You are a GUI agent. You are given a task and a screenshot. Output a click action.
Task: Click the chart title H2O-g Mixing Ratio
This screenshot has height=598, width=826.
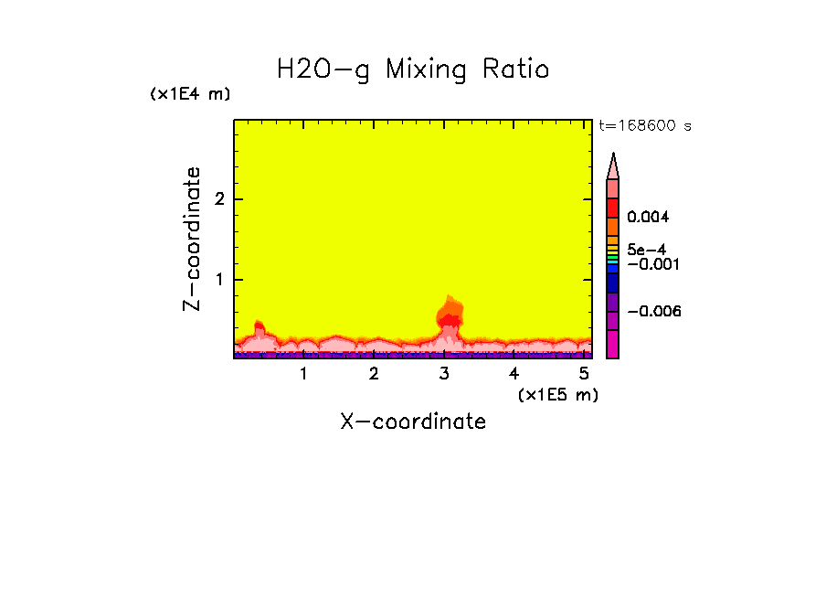pos(413,69)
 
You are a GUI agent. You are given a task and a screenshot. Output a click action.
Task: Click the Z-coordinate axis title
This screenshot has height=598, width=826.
pos(192,239)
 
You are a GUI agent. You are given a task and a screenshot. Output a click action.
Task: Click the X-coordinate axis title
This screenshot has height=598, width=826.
pos(413,422)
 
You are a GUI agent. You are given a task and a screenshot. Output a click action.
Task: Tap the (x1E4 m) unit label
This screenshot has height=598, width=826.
pos(190,94)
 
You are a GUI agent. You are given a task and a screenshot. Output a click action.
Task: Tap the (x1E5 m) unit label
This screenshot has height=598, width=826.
pos(557,394)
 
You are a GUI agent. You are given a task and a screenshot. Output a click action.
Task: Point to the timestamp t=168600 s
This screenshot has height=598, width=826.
pos(644,126)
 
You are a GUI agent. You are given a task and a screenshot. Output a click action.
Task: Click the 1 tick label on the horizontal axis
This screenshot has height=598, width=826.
pos(303,374)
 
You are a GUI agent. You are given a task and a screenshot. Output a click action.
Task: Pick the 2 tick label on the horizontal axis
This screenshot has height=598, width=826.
pos(374,374)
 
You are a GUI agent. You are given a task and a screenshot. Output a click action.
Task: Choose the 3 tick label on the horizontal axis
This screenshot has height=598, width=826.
pos(444,374)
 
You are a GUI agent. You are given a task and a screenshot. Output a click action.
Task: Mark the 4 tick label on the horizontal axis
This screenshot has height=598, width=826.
pos(514,374)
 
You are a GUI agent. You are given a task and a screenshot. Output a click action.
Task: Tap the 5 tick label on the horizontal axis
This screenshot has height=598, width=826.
pos(584,374)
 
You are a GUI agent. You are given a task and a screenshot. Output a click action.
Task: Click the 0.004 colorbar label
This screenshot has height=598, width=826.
pos(649,218)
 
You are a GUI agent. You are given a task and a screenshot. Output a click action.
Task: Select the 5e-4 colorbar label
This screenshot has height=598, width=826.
pos(646,249)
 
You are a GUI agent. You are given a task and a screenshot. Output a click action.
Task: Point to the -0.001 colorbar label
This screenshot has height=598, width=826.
pos(651,264)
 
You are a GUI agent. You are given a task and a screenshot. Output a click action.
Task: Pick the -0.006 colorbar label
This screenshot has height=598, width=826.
pos(653,312)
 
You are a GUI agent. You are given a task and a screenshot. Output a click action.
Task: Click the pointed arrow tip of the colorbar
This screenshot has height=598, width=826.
pos(613,157)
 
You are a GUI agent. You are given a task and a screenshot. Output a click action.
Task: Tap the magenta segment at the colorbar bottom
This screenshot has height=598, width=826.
pos(613,345)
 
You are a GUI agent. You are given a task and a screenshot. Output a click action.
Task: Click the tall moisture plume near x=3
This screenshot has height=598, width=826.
pos(449,315)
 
